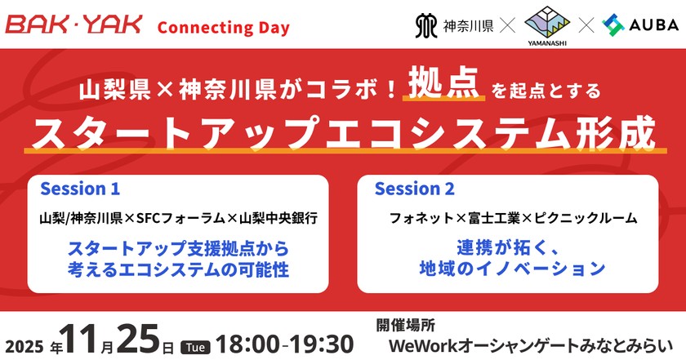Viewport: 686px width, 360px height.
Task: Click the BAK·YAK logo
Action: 73,25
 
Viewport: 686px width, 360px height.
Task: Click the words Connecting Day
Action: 223,27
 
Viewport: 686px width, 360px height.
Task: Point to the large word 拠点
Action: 443,88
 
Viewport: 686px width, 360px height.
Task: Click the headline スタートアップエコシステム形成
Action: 341,132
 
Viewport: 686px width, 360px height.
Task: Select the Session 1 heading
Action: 80,189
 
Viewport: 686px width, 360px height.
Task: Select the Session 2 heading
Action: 414,189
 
